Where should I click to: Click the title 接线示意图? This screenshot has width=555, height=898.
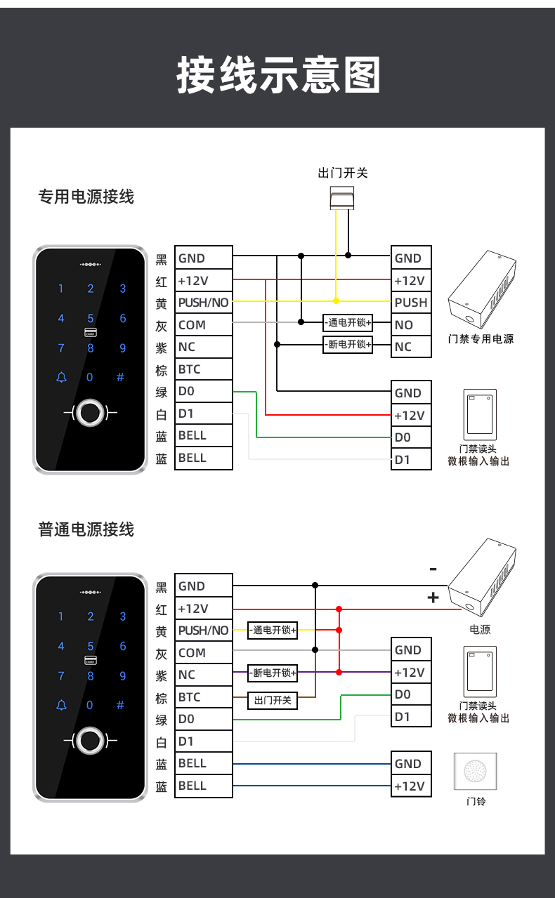pyautogui.click(x=278, y=75)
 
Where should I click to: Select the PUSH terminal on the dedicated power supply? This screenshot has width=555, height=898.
pyautogui.click(x=411, y=303)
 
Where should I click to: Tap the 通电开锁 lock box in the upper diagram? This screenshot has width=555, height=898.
pyautogui.click(x=348, y=324)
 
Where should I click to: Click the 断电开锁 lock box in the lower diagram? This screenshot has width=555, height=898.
pyautogui.click(x=273, y=673)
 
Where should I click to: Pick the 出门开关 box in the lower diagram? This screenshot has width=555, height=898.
pyautogui.click(x=273, y=700)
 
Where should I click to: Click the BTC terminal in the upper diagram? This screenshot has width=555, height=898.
pyautogui.click(x=203, y=369)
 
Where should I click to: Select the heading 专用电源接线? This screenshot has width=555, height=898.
pyautogui.click(x=86, y=197)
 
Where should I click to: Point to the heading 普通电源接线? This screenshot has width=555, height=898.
pyautogui.click(x=86, y=529)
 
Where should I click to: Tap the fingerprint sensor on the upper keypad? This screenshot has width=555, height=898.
pyautogui.click(x=90, y=413)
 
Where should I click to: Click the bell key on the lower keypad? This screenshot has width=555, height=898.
pyautogui.click(x=61, y=705)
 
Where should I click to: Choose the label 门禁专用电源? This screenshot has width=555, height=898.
pyautogui.click(x=481, y=339)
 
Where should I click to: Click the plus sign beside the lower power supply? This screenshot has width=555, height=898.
pyautogui.click(x=433, y=597)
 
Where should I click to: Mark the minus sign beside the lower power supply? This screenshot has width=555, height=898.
pyautogui.click(x=433, y=569)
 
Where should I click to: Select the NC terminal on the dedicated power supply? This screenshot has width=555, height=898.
pyautogui.click(x=411, y=347)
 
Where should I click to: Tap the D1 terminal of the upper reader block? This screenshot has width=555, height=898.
pyautogui.click(x=411, y=460)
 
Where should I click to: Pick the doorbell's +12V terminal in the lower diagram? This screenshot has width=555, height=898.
pyautogui.click(x=411, y=786)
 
